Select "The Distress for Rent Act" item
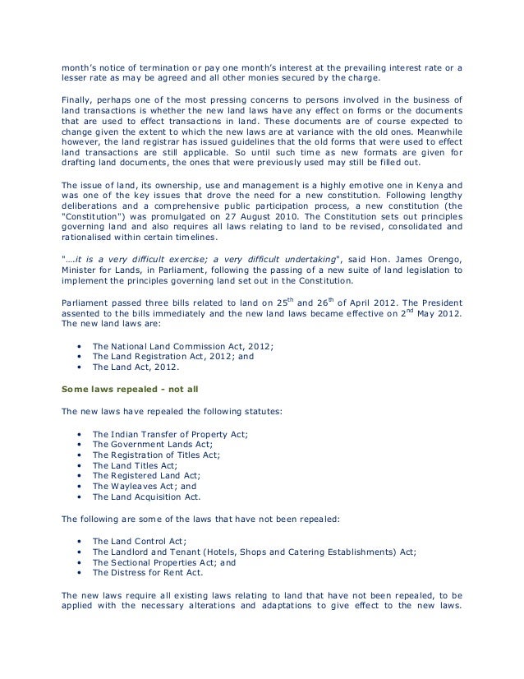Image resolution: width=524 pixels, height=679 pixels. pos(147,572)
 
